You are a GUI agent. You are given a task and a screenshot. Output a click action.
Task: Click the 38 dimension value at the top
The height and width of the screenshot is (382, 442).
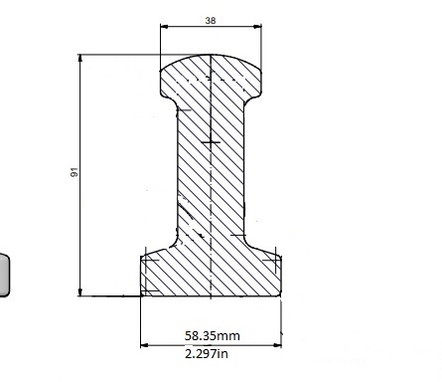(211, 21)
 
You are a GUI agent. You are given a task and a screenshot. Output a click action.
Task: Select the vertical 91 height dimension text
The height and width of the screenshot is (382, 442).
(74, 172)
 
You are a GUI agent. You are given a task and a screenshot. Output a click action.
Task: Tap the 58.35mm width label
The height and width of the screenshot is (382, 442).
(213, 336)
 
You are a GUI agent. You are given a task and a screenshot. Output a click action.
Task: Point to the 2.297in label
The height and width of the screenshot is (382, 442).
(207, 354)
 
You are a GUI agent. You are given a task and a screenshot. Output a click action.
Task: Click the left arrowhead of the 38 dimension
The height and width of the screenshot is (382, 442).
(164, 26)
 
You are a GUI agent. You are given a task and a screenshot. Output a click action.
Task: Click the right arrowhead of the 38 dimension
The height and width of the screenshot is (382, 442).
(257, 26)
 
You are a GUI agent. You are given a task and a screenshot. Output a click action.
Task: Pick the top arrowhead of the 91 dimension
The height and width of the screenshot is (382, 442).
(80, 58)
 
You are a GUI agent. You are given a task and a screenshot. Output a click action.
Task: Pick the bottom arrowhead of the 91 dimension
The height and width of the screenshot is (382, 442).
(80, 292)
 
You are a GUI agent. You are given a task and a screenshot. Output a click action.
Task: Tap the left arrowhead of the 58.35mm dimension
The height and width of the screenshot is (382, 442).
(145, 345)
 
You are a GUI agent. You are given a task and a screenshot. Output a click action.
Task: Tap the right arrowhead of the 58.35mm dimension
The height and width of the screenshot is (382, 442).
(277, 345)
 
